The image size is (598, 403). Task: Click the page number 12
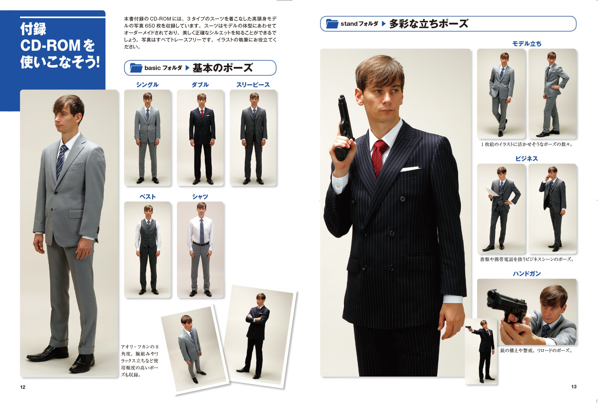(23, 387)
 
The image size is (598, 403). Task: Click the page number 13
(574, 387)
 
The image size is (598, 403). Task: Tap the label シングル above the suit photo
(147, 85)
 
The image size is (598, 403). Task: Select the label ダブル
(200, 85)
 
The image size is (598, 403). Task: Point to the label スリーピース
(253, 85)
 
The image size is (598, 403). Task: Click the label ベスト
(147, 197)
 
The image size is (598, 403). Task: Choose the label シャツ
(200, 197)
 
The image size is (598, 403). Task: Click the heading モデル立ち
(527, 44)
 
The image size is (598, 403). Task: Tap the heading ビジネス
(527, 158)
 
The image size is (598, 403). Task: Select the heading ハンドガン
(527, 273)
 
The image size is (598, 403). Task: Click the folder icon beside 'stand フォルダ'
(332, 24)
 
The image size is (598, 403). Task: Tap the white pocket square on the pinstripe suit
(410, 169)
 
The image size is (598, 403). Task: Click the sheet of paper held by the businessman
(491, 192)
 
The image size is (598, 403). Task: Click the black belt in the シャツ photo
(201, 243)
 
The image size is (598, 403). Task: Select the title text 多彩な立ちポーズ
(429, 24)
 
